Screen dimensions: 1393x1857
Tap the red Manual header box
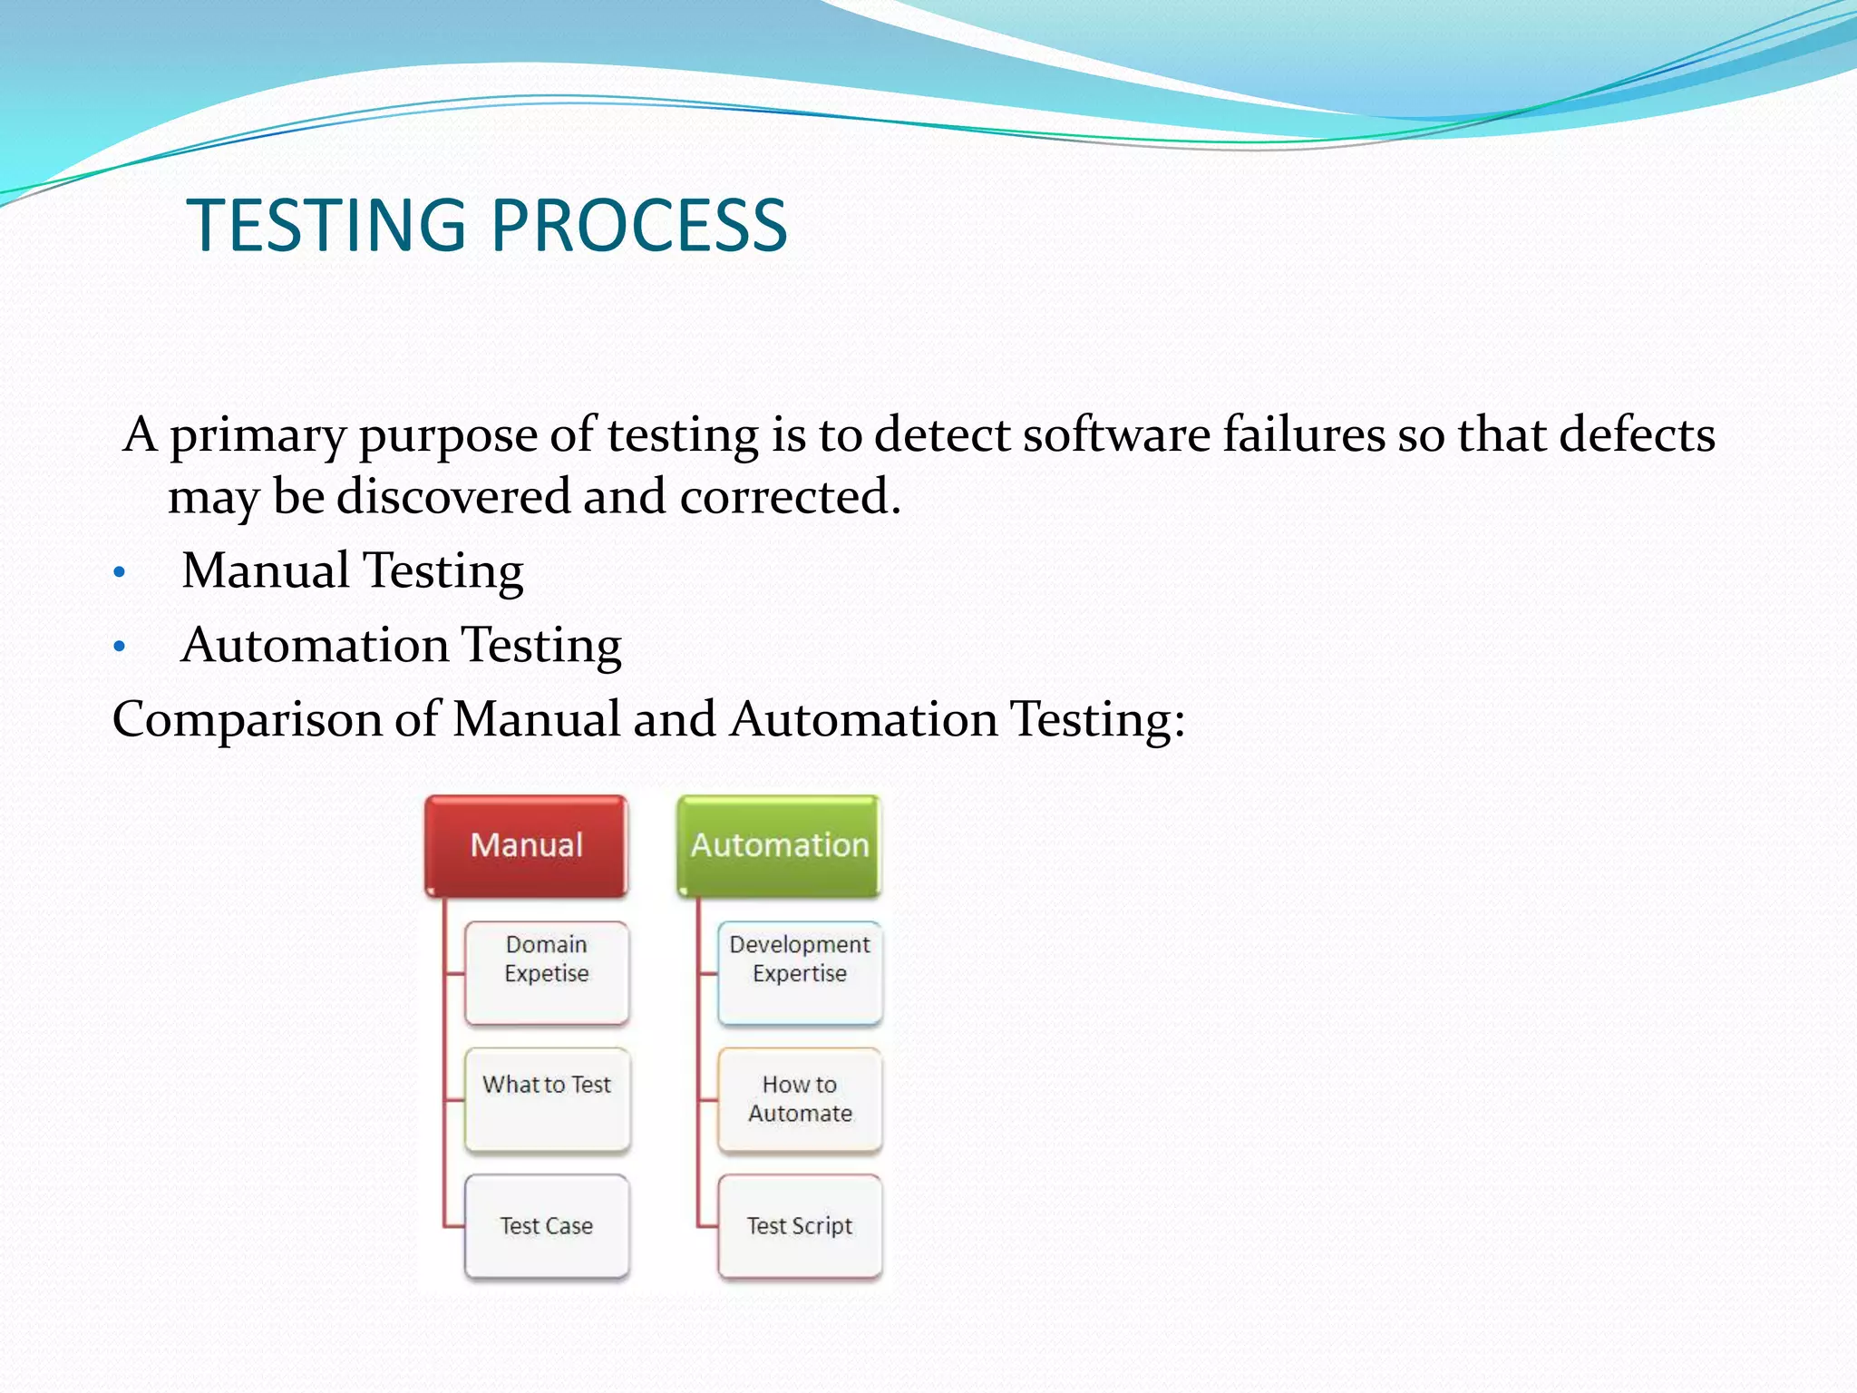(x=526, y=845)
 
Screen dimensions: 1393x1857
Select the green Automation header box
(x=779, y=845)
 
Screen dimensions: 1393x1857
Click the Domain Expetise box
(x=547, y=972)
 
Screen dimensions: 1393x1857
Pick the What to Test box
(x=547, y=1099)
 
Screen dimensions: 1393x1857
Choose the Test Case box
(x=547, y=1226)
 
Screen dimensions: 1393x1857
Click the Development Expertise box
(x=800, y=972)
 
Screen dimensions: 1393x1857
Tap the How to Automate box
(x=800, y=1099)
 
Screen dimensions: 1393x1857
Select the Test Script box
(x=800, y=1226)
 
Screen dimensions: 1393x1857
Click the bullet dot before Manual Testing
(x=119, y=573)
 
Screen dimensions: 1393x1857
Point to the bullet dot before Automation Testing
(x=119, y=648)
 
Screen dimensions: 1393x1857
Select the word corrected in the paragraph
(x=789, y=497)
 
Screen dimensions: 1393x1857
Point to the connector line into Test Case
(x=453, y=1227)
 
